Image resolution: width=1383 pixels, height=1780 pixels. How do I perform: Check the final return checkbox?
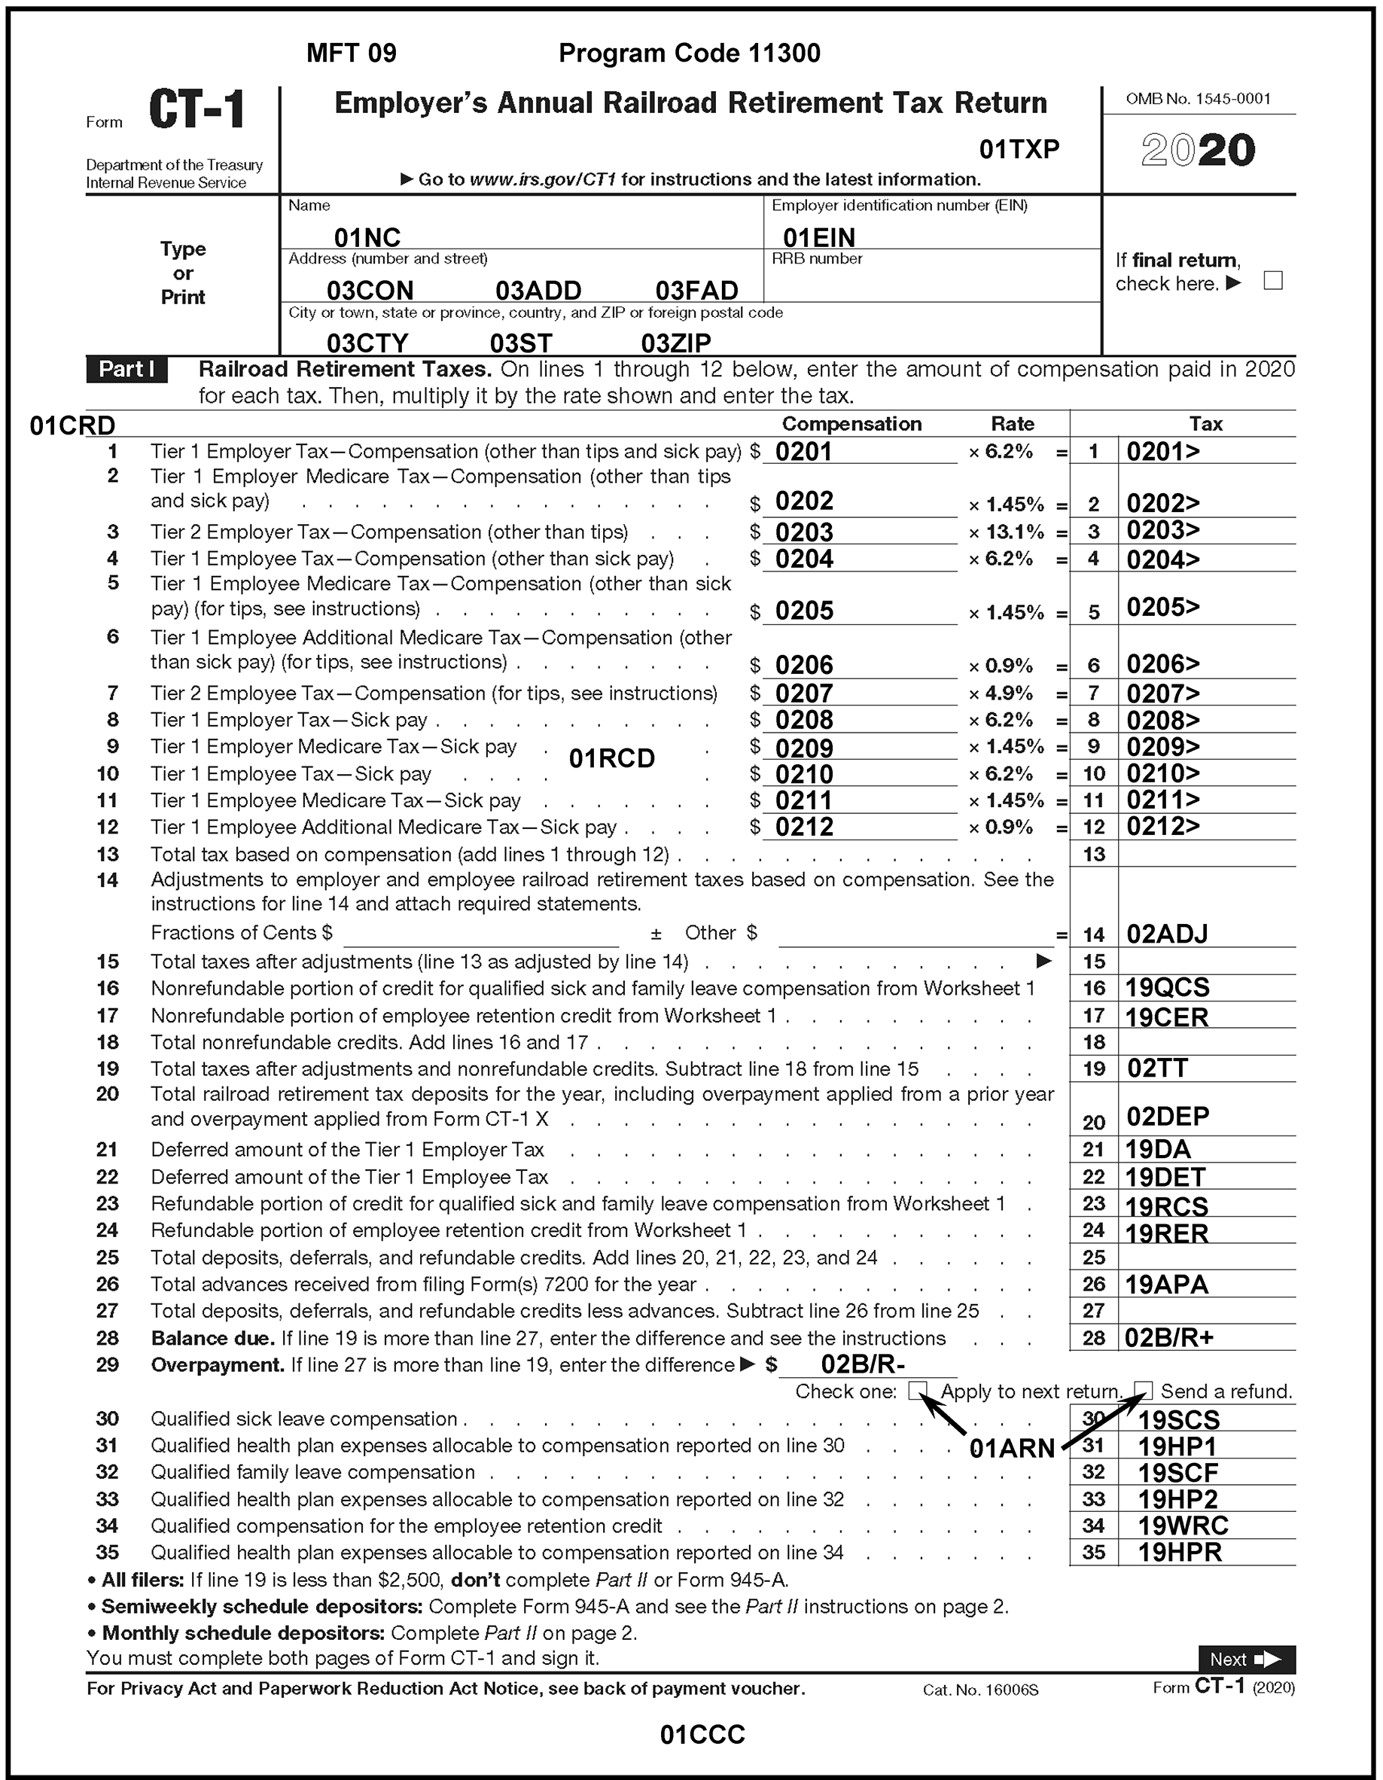pos(1272,281)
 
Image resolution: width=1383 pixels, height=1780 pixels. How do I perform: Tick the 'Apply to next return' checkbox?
pos(917,1391)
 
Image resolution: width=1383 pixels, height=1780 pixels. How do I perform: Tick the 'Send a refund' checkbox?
pos(1144,1391)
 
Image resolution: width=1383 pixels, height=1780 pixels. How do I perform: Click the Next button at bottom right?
pos(1245,1659)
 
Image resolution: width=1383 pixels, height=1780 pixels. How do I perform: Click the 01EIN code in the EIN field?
pos(818,237)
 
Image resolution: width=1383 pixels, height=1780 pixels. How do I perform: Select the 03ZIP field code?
pos(675,343)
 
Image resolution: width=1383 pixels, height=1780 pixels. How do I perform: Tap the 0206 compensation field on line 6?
pos(803,665)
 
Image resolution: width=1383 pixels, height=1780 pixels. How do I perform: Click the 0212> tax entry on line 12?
pos(1162,827)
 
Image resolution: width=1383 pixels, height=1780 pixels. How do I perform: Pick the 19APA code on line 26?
pos(1165,1285)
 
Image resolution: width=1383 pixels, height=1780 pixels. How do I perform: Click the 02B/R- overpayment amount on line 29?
pos(862,1364)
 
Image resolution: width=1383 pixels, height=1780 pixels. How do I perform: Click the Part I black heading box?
pos(127,369)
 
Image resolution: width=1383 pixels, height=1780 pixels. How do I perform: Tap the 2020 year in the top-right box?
pos(1198,151)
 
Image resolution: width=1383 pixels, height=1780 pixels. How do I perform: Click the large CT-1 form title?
pos(196,110)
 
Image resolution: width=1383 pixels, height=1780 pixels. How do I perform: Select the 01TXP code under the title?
pos(1019,149)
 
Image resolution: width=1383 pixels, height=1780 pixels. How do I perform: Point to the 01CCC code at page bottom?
pos(702,1734)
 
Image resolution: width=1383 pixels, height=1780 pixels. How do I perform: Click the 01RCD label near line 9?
pos(611,759)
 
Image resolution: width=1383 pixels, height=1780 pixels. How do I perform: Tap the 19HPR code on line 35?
pos(1179,1553)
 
